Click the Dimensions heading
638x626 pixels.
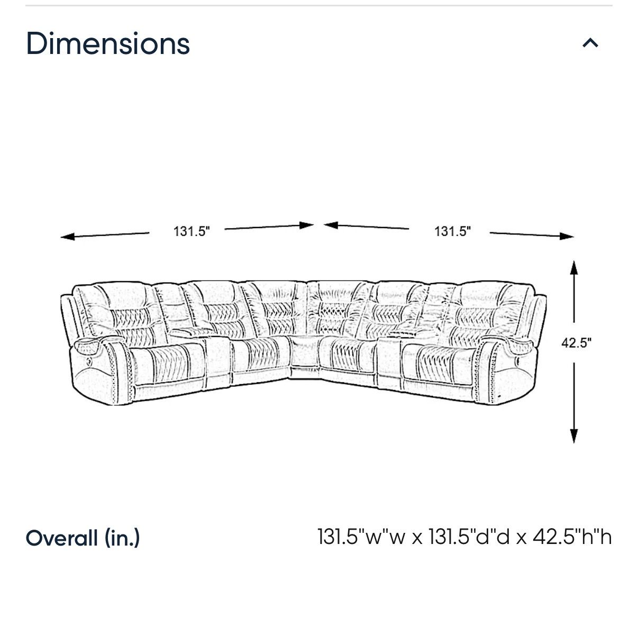(x=108, y=43)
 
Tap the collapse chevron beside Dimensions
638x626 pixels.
(x=590, y=43)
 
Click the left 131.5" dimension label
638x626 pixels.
(x=192, y=231)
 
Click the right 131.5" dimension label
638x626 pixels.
(x=452, y=231)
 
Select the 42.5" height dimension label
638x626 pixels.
(x=576, y=343)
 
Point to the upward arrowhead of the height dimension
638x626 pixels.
(x=574, y=268)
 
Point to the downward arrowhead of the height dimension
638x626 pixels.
(x=574, y=436)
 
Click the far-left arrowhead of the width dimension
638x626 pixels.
(x=68, y=237)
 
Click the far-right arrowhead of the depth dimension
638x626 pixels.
(x=567, y=236)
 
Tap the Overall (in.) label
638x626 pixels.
(x=83, y=538)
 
